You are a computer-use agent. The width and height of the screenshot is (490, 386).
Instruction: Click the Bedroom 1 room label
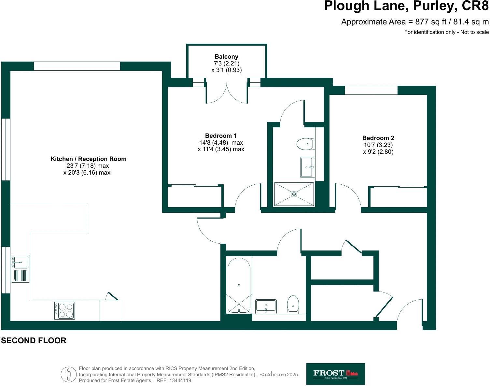click(221, 136)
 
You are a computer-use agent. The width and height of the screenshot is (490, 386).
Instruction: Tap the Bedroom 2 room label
click(378, 138)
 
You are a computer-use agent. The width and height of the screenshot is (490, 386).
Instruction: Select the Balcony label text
click(226, 57)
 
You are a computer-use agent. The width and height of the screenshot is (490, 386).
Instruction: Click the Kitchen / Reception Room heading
click(88, 159)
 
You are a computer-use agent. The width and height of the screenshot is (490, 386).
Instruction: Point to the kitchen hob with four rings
click(64, 310)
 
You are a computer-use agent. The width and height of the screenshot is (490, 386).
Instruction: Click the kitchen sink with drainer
click(20, 268)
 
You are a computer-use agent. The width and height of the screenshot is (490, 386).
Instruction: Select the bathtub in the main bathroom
click(239, 285)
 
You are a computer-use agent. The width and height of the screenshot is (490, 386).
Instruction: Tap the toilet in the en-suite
click(305, 144)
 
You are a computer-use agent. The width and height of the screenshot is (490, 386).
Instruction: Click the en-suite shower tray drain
click(294, 194)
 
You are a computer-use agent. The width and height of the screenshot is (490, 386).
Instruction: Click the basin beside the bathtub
click(266, 306)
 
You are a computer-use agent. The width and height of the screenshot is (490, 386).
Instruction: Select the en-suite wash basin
click(307, 167)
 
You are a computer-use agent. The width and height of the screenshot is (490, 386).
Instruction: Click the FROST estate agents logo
click(335, 374)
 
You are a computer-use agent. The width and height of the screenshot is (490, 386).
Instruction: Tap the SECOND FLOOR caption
click(34, 341)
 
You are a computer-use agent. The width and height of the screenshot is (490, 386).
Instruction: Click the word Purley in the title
click(425, 6)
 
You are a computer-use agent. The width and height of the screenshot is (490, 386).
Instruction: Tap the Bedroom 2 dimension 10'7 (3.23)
click(378, 145)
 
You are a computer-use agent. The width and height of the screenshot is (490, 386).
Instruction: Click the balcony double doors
click(226, 93)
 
